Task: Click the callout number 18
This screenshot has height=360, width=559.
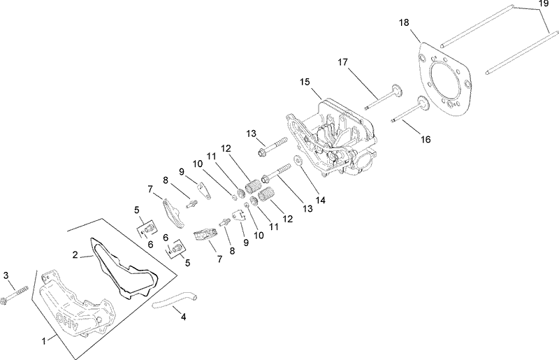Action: pyautogui.click(x=404, y=23)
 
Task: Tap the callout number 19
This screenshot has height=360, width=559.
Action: pyautogui.click(x=544, y=4)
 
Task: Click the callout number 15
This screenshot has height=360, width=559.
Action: pyautogui.click(x=304, y=82)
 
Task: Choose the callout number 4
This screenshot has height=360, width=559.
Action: pyautogui.click(x=183, y=317)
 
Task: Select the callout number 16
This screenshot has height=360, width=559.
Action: pyautogui.click(x=426, y=140)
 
